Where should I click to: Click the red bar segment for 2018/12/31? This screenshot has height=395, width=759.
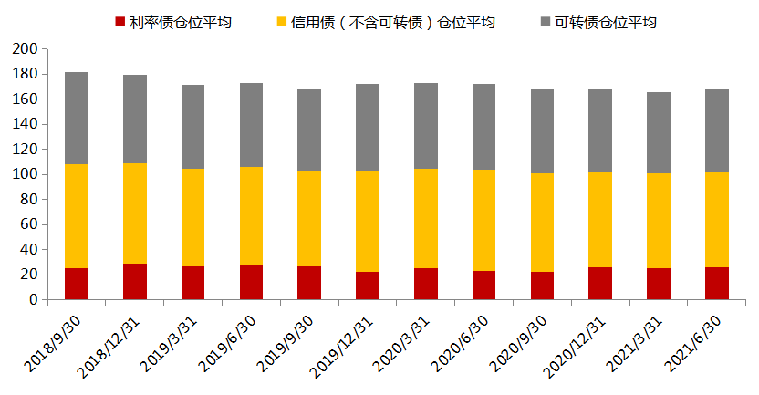[x=135, y=281]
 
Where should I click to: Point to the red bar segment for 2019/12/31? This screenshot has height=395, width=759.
[x=368, y=286]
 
